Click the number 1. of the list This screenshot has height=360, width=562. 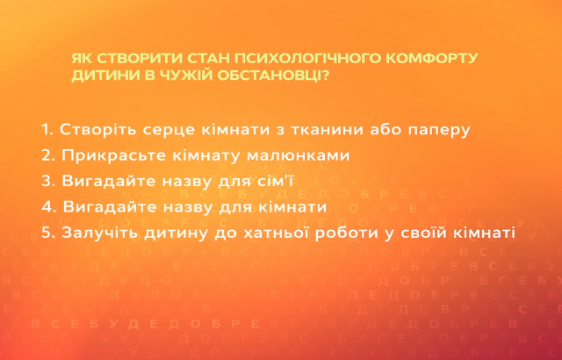pos(47,129)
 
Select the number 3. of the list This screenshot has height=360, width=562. pos(48,182)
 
